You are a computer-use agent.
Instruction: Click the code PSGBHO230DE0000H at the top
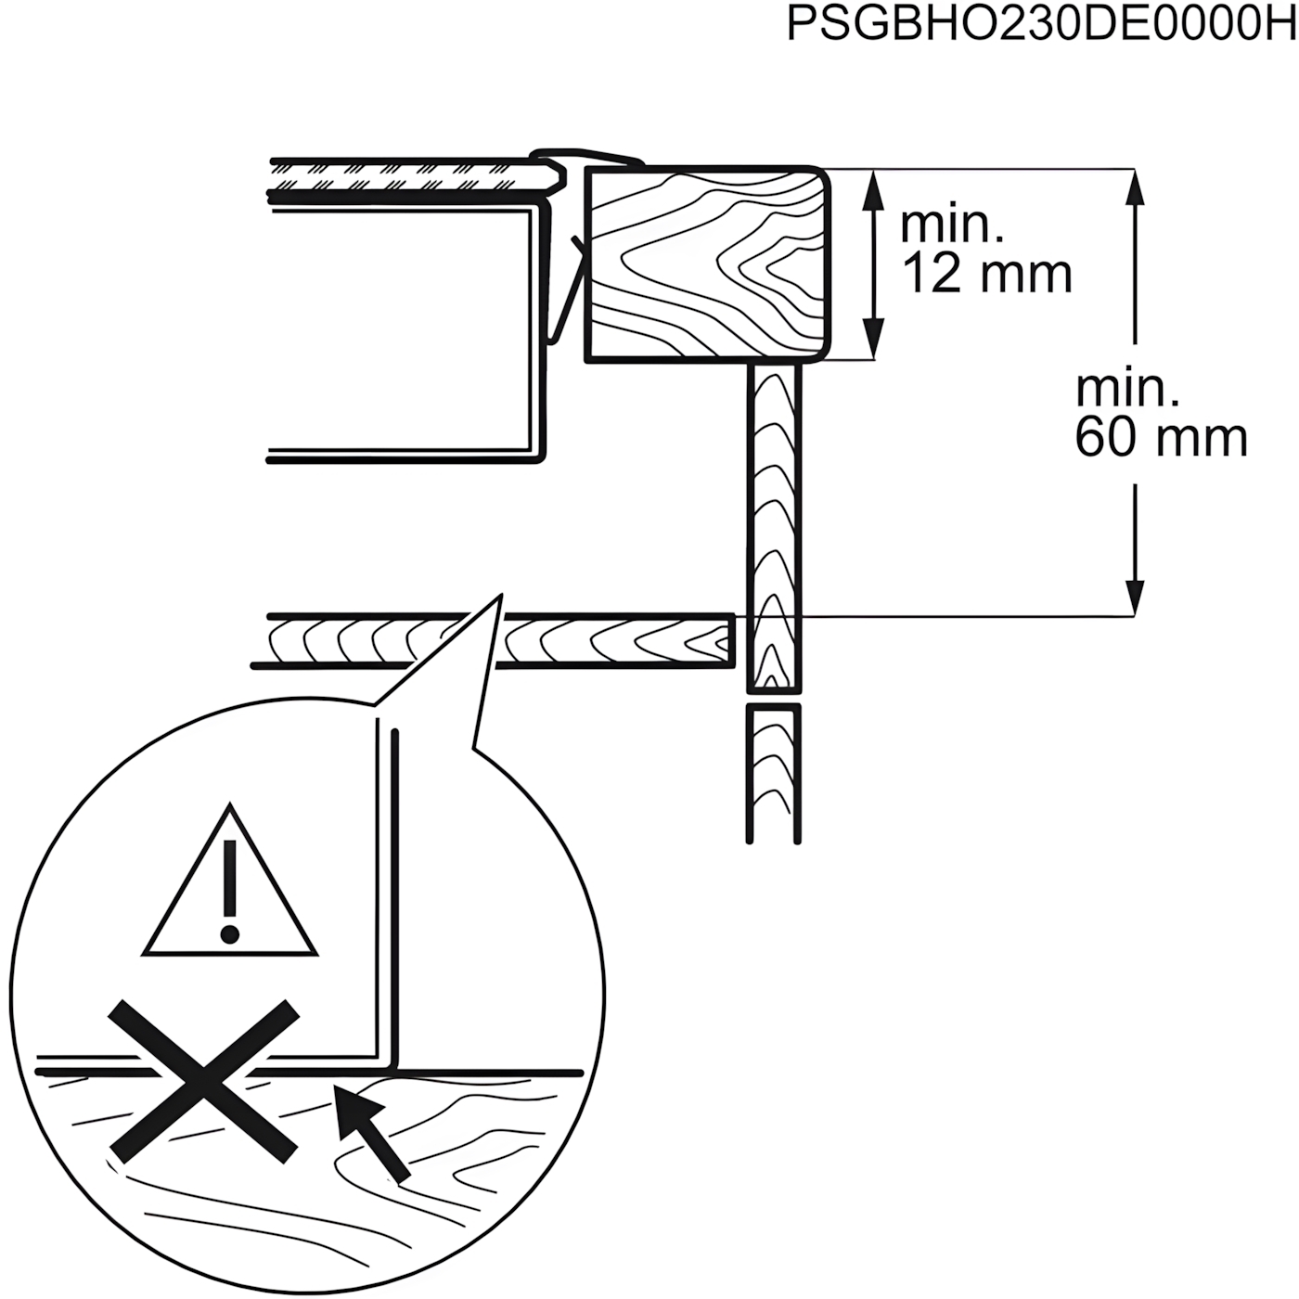1041,25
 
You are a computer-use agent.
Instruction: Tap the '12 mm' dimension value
987,275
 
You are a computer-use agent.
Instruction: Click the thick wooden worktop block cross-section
708,264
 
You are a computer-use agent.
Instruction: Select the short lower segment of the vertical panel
774,773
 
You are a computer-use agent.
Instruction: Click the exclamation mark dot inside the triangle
230,933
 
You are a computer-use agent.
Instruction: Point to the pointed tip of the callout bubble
502,595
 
